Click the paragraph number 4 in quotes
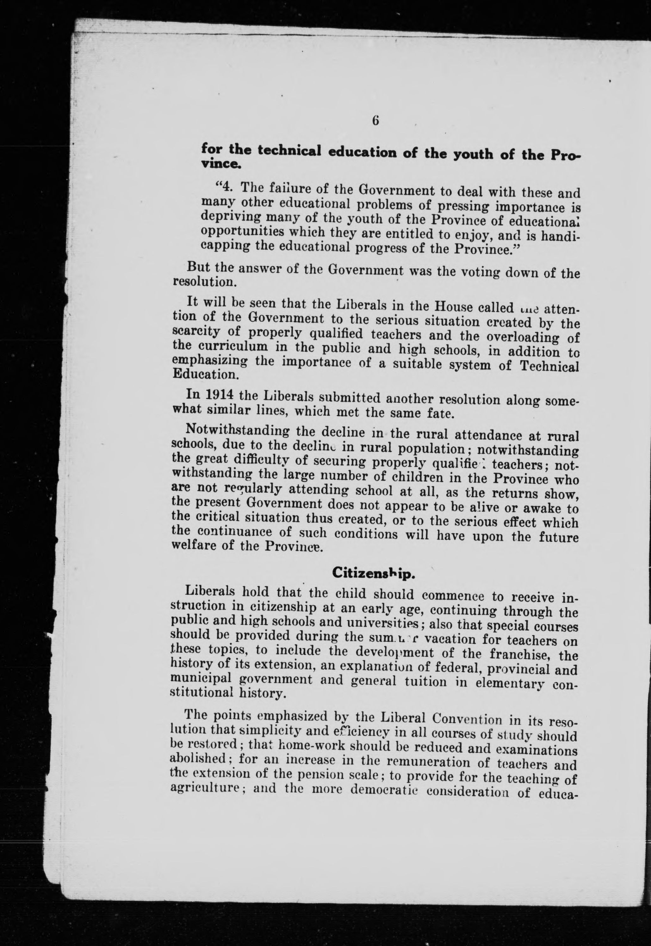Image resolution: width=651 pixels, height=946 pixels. (227, 188)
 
